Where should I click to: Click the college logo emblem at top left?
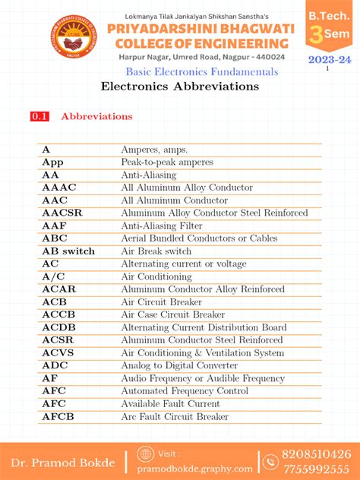(x=74, y=36)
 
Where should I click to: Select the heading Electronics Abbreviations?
(x=179, y=87)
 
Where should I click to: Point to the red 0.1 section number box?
(x=39, y=117)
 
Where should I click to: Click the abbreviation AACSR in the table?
(x=62, y=213)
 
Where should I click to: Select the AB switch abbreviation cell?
(x=68, y=251)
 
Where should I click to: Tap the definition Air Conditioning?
(x=156, y=276)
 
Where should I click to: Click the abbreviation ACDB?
(x=59, y=327)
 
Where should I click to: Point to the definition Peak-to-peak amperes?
(x=167, y=162)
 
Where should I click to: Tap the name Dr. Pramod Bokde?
(x=62, y=463)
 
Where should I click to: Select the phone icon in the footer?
(x=270, y=461)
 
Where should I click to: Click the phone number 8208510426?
(x=317, y=453)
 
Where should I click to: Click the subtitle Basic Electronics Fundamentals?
(x=201, y=71)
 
